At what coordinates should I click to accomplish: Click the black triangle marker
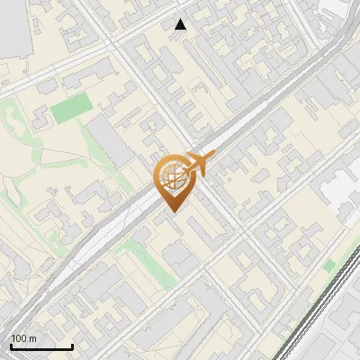[x=181, y=24]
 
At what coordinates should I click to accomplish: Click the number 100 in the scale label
[x=20, y=338]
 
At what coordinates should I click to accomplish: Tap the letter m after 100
[x=33, y=338]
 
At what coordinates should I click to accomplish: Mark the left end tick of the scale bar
[x=11, y=346]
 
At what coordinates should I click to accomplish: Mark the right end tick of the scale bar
[x=72, y=346]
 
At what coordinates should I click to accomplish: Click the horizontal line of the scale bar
[x=41, y=347]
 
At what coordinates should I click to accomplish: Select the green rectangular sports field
[x=71, y=109]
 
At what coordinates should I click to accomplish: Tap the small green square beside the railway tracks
[x=329, y=265]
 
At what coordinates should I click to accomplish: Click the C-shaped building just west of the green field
[x=40, y=116]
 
